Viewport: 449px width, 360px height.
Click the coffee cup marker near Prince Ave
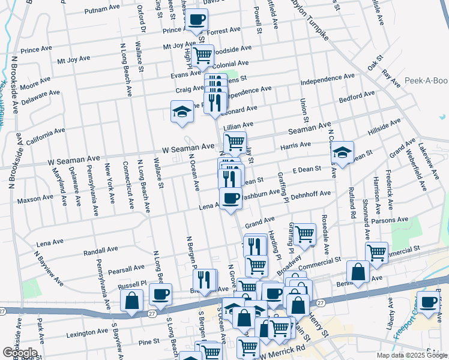click(196, 20)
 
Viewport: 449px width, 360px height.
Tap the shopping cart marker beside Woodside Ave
click(203, 56)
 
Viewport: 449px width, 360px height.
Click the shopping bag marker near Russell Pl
click(132, 300)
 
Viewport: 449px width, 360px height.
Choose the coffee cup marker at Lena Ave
click(231, 198)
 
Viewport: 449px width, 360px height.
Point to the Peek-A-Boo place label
click(426, 80)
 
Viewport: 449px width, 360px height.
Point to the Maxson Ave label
click(35, 199)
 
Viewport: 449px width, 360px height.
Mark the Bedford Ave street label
click(357, 95)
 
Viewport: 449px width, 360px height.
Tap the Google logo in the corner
click(20, 353)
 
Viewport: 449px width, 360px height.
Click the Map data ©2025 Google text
click(411, 355)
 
